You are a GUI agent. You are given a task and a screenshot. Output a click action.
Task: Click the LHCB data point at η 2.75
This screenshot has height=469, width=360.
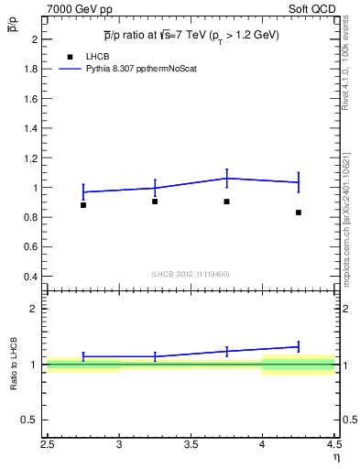pyautogui.click(x=83, y=205)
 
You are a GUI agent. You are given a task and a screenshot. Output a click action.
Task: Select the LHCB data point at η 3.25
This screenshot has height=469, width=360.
pyautogui.click(x=155, y=202)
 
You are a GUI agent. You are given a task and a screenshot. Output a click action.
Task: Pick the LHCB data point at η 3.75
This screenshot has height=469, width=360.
pyautogui.click(x=226, y=202)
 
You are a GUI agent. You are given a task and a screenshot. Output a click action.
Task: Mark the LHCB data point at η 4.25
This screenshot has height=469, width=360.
pyautogui.click(x=299, y=213)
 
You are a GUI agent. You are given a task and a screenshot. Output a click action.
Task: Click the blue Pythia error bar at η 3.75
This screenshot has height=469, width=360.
pyautogui.click(x=226, y=178)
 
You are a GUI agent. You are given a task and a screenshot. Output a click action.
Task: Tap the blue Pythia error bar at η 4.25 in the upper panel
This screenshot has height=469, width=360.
pyautogui.click(x=299, y=182)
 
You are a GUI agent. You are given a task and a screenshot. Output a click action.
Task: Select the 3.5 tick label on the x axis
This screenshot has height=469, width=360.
pyautogui.click(x=191, y=445)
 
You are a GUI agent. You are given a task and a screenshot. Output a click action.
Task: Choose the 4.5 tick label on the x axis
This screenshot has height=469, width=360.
pyautogui.click(x=333, y=445)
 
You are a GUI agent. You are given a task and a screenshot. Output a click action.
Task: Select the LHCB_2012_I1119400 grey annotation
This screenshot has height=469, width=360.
pyautogui.click(x=190, y=274)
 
